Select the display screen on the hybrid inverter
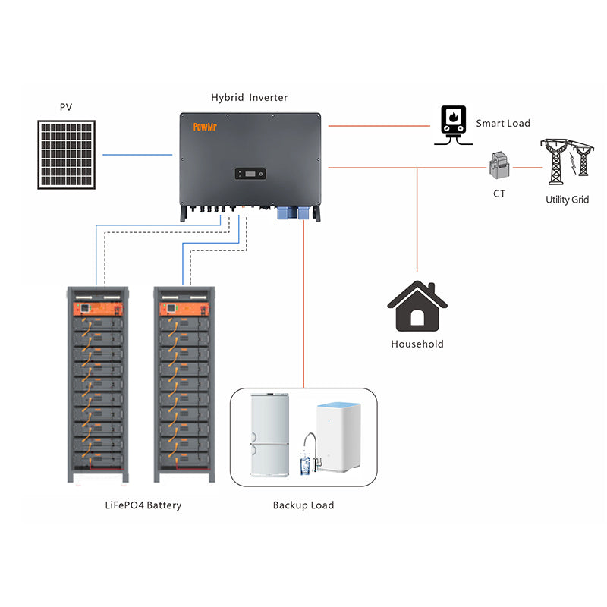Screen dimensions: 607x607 [x=248, y=174]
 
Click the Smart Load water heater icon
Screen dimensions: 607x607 [x=452, y=123]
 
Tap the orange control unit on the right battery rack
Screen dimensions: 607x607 [x=181, y=310]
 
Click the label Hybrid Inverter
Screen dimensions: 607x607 [x=249, y=98]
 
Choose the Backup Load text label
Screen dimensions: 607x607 [x=303, y=505]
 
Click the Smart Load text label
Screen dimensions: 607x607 [x=503, y=123]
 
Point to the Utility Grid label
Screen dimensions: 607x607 [x=568, y=200]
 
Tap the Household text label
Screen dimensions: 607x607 [x=417, y=344]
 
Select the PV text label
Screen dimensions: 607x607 [x=66, y=107]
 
